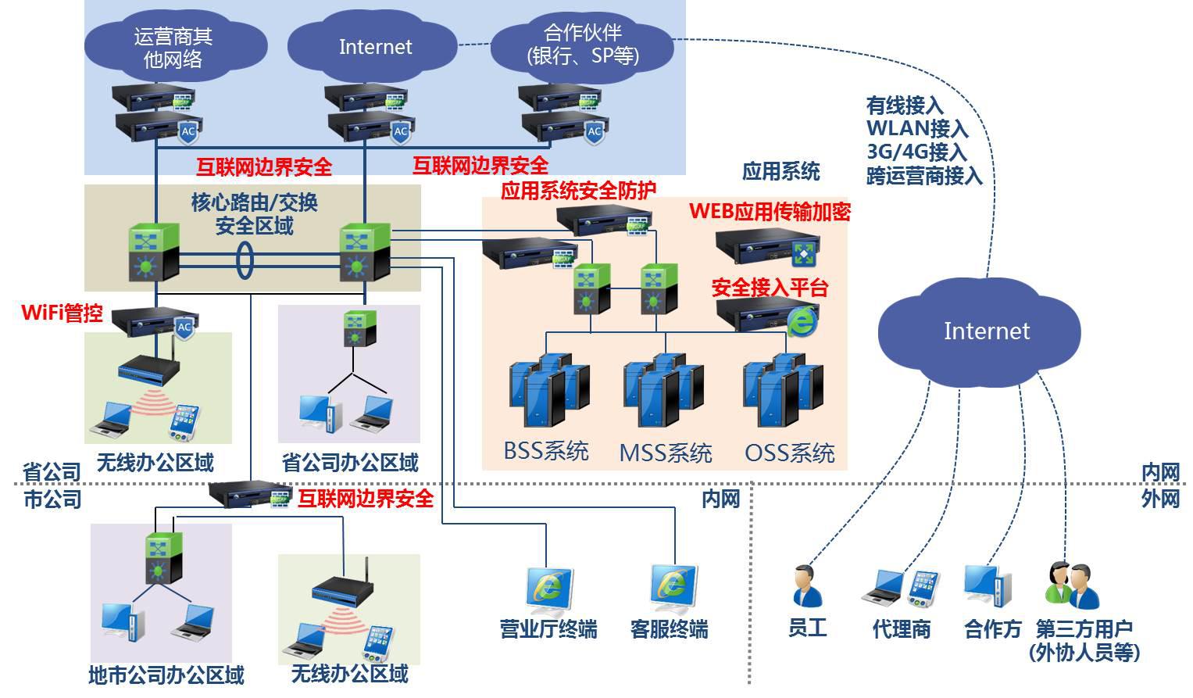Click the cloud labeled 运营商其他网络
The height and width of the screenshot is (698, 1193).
[x=173, y=47]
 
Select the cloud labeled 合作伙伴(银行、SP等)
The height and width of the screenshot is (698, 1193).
[x=582, y=45]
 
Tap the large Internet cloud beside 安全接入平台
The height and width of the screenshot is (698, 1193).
[x=986, y=331]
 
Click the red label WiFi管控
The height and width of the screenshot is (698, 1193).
[x=62, y=313]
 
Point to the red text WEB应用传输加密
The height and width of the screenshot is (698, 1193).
[x=769, y=212]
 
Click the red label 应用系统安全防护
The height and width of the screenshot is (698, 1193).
[x=578, y=190]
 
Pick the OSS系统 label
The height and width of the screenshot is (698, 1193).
[x=789, y=453]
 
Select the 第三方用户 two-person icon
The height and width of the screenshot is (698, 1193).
[x=1073, y=585]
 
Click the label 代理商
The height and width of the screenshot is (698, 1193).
[x=901, y=629]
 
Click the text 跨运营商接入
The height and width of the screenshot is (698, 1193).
[x=923, y=176]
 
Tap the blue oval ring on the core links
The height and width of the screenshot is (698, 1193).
[x=245, y=260]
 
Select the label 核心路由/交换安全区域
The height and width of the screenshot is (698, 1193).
[x=255, y=214]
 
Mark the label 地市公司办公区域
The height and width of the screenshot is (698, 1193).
[x=166, y=675]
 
